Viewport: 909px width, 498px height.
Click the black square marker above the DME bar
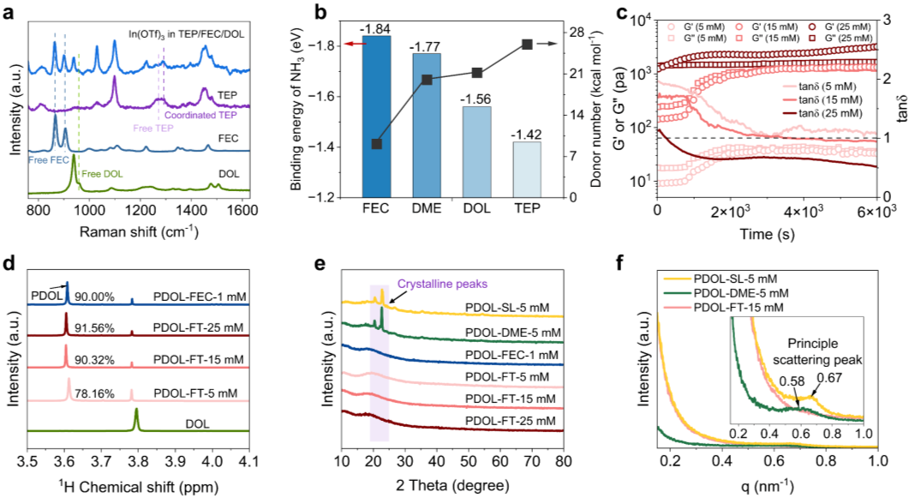[x=427, y=80]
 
